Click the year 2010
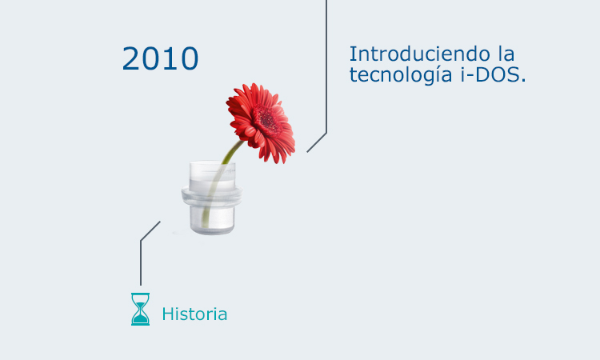click(160, 58)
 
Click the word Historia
click(194, 314)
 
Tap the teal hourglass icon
click(141, 309)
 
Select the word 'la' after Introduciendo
click(505, 55)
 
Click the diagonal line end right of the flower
click(316, 142)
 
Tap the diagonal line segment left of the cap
click(150, 230)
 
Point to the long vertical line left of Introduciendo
click(326, 64)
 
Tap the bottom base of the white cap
click(212, 225)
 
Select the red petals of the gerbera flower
click(244, 104)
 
